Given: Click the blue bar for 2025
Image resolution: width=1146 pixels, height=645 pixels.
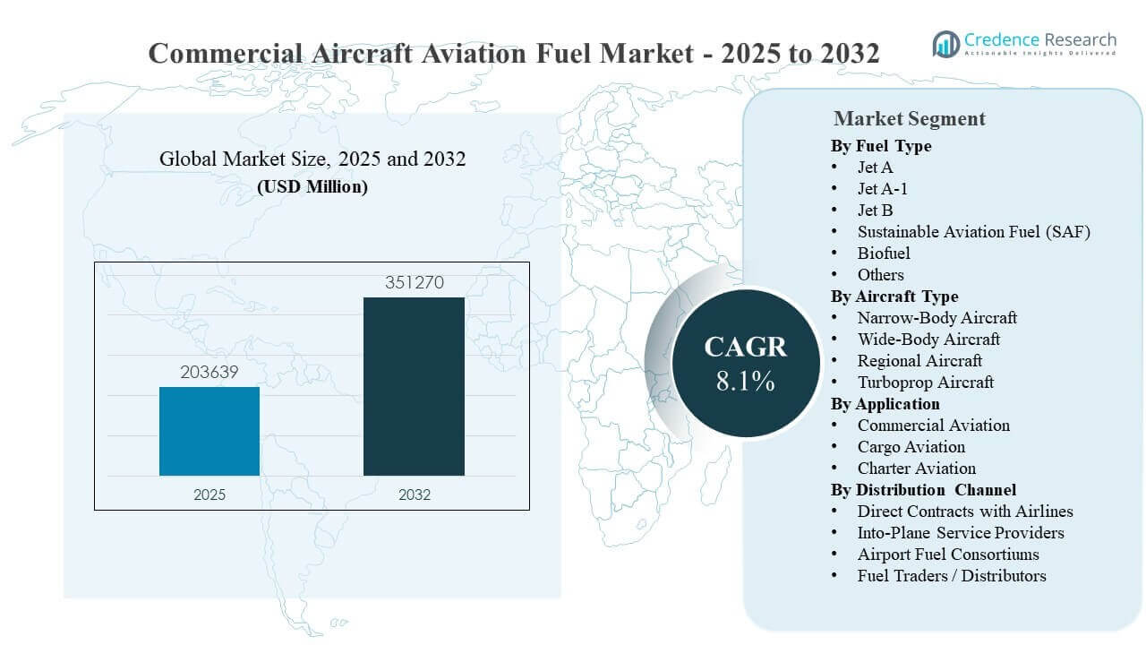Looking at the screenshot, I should (210, 431).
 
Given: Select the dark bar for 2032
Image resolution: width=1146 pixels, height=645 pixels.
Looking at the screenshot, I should (414, 386).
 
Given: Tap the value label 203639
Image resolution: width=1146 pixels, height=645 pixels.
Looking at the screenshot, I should (209, 372).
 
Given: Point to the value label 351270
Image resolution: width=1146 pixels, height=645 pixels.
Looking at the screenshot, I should (414, 283).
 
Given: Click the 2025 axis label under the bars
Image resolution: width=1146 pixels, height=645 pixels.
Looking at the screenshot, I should (210, 494).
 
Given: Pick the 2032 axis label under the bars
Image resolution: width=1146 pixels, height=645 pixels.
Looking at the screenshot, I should (414, 494).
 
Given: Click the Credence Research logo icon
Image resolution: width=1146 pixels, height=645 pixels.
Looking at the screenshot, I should (945, 43).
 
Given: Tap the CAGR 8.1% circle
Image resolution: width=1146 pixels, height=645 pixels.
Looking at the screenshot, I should (745, 363).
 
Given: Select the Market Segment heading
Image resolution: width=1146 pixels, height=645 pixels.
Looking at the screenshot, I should (909, 118).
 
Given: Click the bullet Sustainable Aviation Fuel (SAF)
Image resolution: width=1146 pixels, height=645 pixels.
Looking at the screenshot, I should (973, 232).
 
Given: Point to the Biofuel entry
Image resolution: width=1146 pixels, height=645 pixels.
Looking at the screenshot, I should (884, 254).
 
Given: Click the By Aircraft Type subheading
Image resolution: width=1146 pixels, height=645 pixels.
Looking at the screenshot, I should (894, 297).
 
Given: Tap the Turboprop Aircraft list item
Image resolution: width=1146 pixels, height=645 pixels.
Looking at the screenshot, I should (925, 383).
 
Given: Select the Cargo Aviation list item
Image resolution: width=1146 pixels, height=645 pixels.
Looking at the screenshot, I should (911, 447).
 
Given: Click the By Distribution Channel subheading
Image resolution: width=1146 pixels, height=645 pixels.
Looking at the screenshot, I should (923, 490).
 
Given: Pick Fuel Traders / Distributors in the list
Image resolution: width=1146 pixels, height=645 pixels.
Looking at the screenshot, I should (951, 576).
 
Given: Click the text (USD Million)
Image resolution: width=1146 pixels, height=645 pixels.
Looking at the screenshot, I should (312, 187).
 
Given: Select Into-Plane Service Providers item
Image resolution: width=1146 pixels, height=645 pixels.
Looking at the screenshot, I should (961, 533).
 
